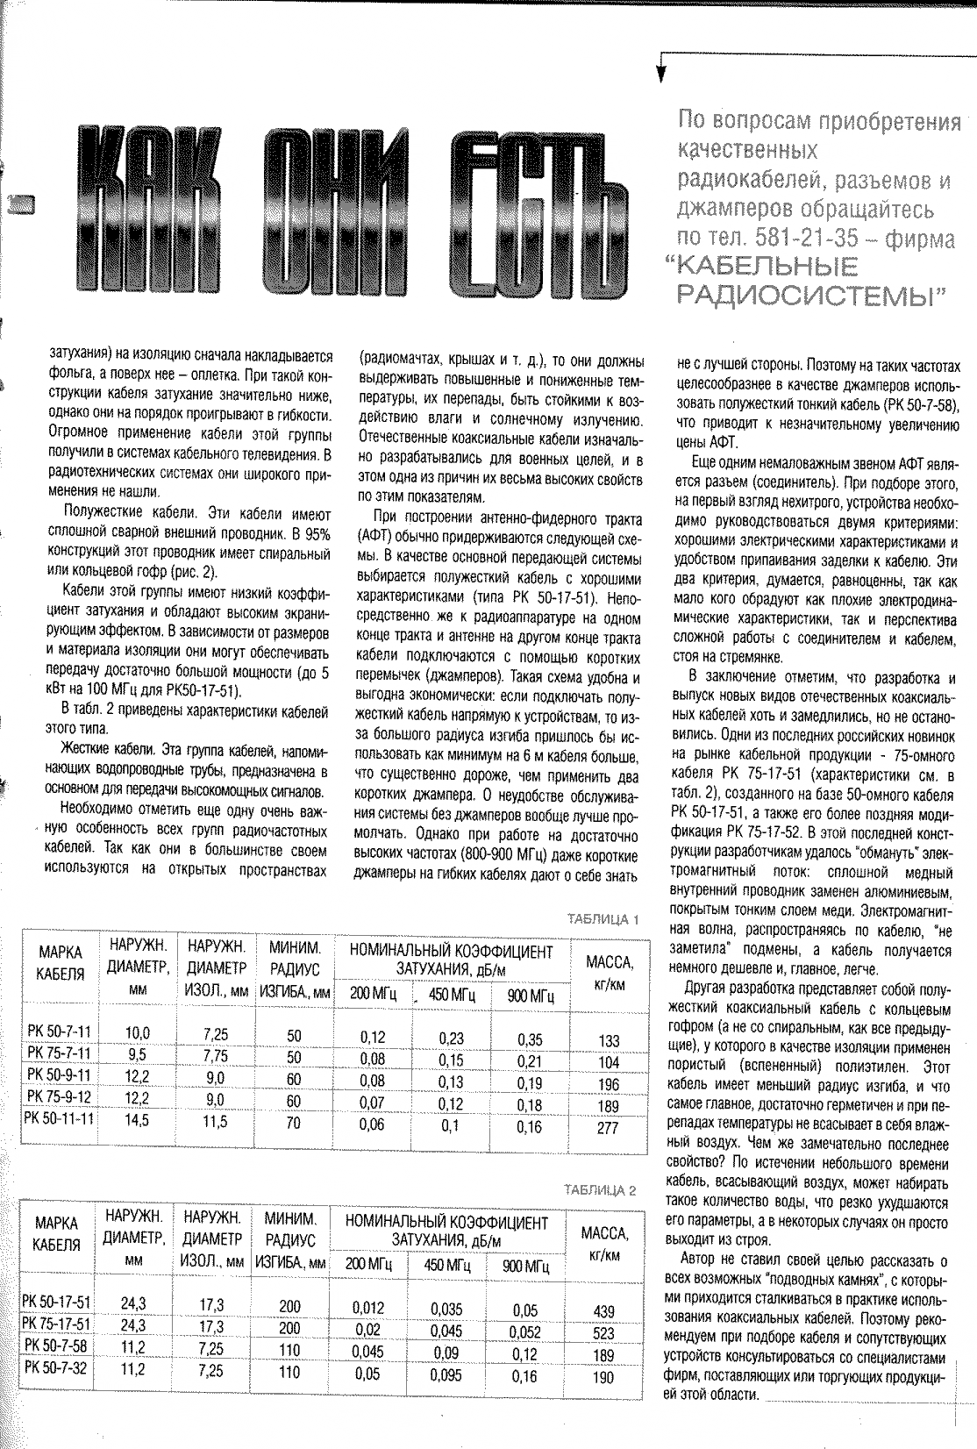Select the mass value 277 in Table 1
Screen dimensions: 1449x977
(608, 1129)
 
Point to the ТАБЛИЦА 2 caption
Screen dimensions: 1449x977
(603, 1190)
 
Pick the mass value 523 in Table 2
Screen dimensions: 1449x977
(604, 1331)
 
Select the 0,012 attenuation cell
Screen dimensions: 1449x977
(367, 1308)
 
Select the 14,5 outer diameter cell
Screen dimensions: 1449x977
(137, 1121)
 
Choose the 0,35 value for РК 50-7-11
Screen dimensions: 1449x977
(530, 1039)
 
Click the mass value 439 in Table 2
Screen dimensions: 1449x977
(604, 1311)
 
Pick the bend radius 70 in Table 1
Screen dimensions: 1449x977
(294, 1122)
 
